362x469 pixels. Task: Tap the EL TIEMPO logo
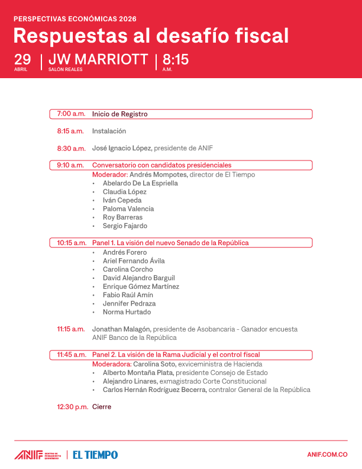[95, 455]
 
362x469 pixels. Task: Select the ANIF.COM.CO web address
[327, 455]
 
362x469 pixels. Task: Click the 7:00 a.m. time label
[71, 114]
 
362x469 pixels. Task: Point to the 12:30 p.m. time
[72, 407]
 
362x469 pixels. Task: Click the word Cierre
[102, 407]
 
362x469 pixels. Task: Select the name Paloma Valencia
[128, 208]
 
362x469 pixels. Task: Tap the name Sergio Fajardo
[125, 226]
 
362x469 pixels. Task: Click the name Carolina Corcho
[128, 269]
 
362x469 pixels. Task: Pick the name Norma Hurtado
[127, 312]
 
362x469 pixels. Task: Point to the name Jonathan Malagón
[121, 329]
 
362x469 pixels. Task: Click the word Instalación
[109, 131]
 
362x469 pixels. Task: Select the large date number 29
[22, 60]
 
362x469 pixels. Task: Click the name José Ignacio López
[121, 148]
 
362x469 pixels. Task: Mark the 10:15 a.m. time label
[72, 243]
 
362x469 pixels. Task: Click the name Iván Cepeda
[122, 200]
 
